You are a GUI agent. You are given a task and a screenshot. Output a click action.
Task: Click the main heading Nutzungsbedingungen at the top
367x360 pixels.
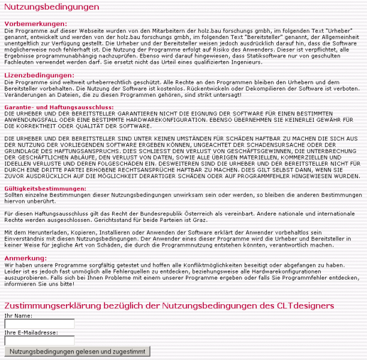(x=52, y=7)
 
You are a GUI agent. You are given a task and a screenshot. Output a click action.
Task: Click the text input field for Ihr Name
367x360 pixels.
(x=39, y=324)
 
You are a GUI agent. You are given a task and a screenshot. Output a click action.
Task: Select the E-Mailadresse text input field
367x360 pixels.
(x=39, y=340)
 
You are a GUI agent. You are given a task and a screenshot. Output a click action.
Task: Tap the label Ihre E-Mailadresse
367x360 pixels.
(x=31, y=332)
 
